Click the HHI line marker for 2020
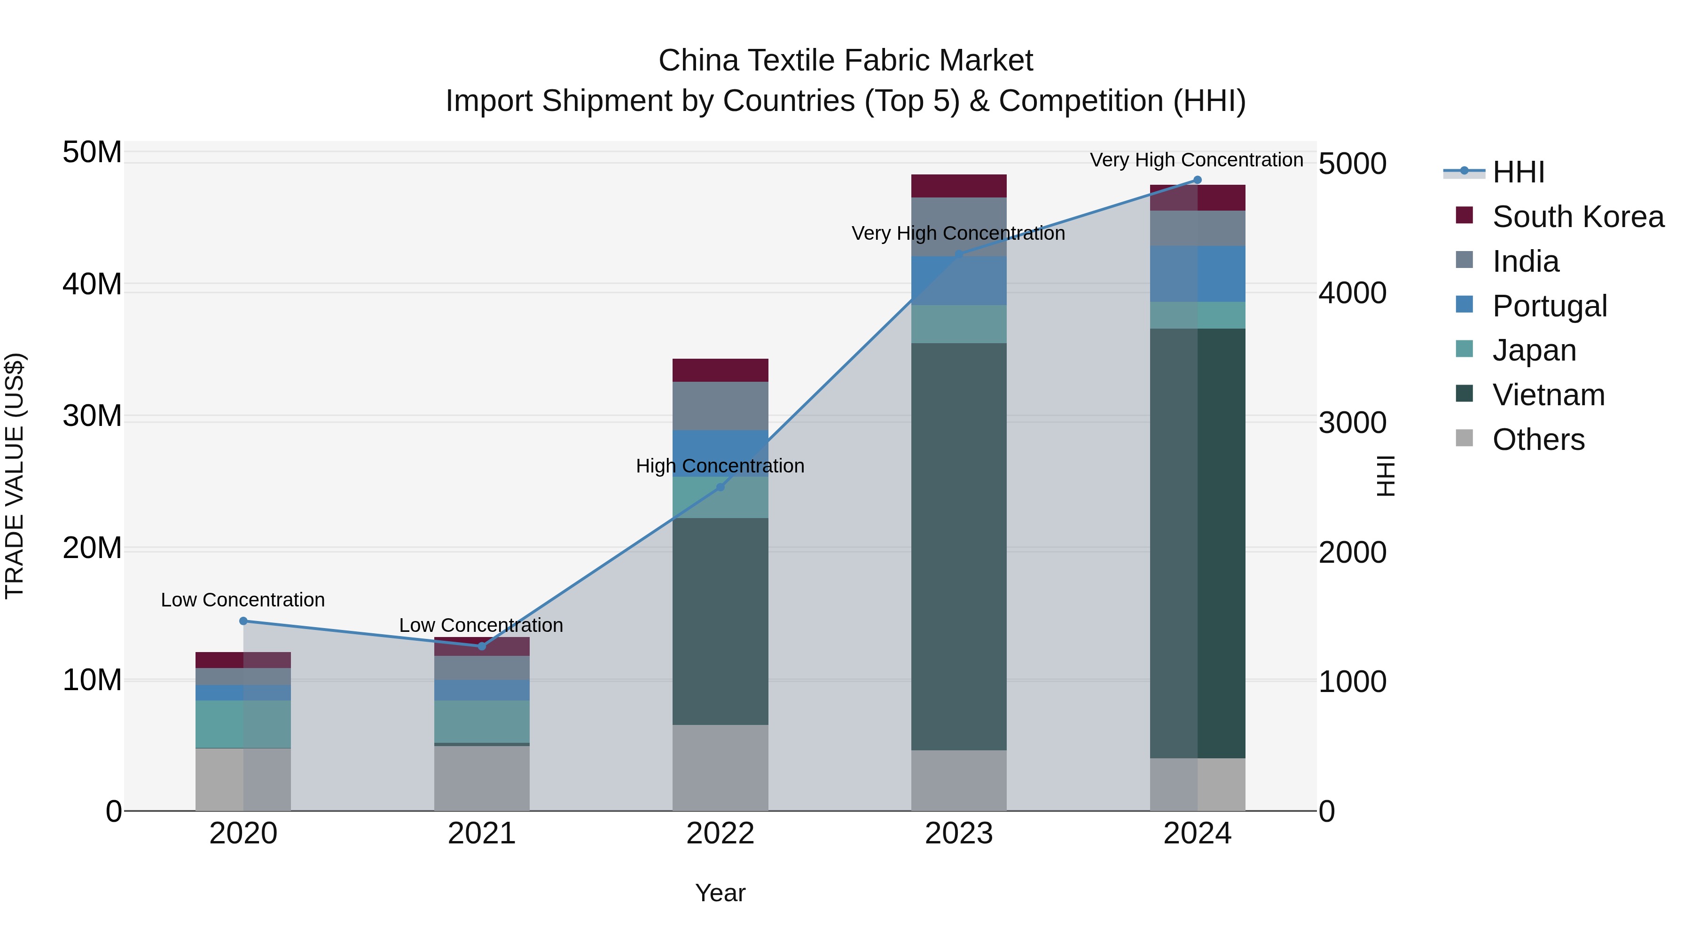click(x=243, y=621)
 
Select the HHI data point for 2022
click(x=720, y=487)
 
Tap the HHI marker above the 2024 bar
click(x=1197, y=180)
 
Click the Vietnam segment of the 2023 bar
click(x=958, y=545)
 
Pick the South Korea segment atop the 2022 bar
click(x=720, y=370)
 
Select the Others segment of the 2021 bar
click(x=481, y=778)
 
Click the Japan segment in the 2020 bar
click(x=243, y=724)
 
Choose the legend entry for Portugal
click(x=1549, y=306)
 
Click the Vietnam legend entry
click(x=1548, y=395)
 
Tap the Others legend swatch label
click(x=1538, y=440)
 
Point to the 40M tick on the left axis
click(x=92, y=284)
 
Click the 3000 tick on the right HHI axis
click(x=1352, y=423)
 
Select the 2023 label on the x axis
click(x=958, y=834)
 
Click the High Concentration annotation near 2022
click(x=720, y=466)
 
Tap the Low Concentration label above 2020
click(x=243, y=600)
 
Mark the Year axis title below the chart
click(x=720, y=893)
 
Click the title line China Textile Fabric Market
click(x=846, y=61)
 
